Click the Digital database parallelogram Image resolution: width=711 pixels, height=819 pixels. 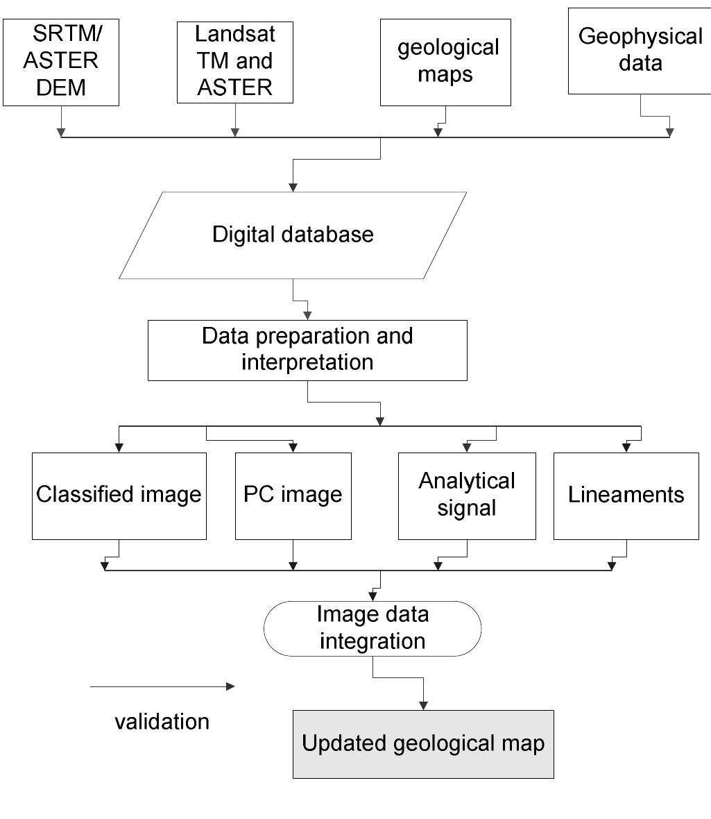click(x=293, y=235)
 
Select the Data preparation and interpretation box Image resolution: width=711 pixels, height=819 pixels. click(x=307, y=350)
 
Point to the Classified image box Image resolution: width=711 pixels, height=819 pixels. click(x=119, y=496)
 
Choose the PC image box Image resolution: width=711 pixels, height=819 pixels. click(x=293, y=496)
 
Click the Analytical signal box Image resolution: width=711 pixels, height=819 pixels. click(x=467, y=496)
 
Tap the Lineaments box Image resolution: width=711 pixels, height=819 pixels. click(x=626, y=496)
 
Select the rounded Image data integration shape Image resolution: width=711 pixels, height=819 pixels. click(x=372, y=628)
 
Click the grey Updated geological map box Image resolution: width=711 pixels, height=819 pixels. click(x=423, y=744)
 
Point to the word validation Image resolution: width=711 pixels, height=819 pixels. click(x=162, y=722)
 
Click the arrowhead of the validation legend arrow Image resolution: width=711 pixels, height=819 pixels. click(x=231, y=687)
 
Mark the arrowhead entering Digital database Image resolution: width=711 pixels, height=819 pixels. click(x=293, y=187)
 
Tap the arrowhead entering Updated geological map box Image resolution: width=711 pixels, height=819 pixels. click(x=423, y=706)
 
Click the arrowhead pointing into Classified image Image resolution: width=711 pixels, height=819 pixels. click(x=119, y=448)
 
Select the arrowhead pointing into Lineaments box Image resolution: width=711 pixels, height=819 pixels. click(x=626, y=448)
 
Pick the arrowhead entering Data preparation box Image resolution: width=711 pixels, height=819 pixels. click(x=307, y=316)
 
